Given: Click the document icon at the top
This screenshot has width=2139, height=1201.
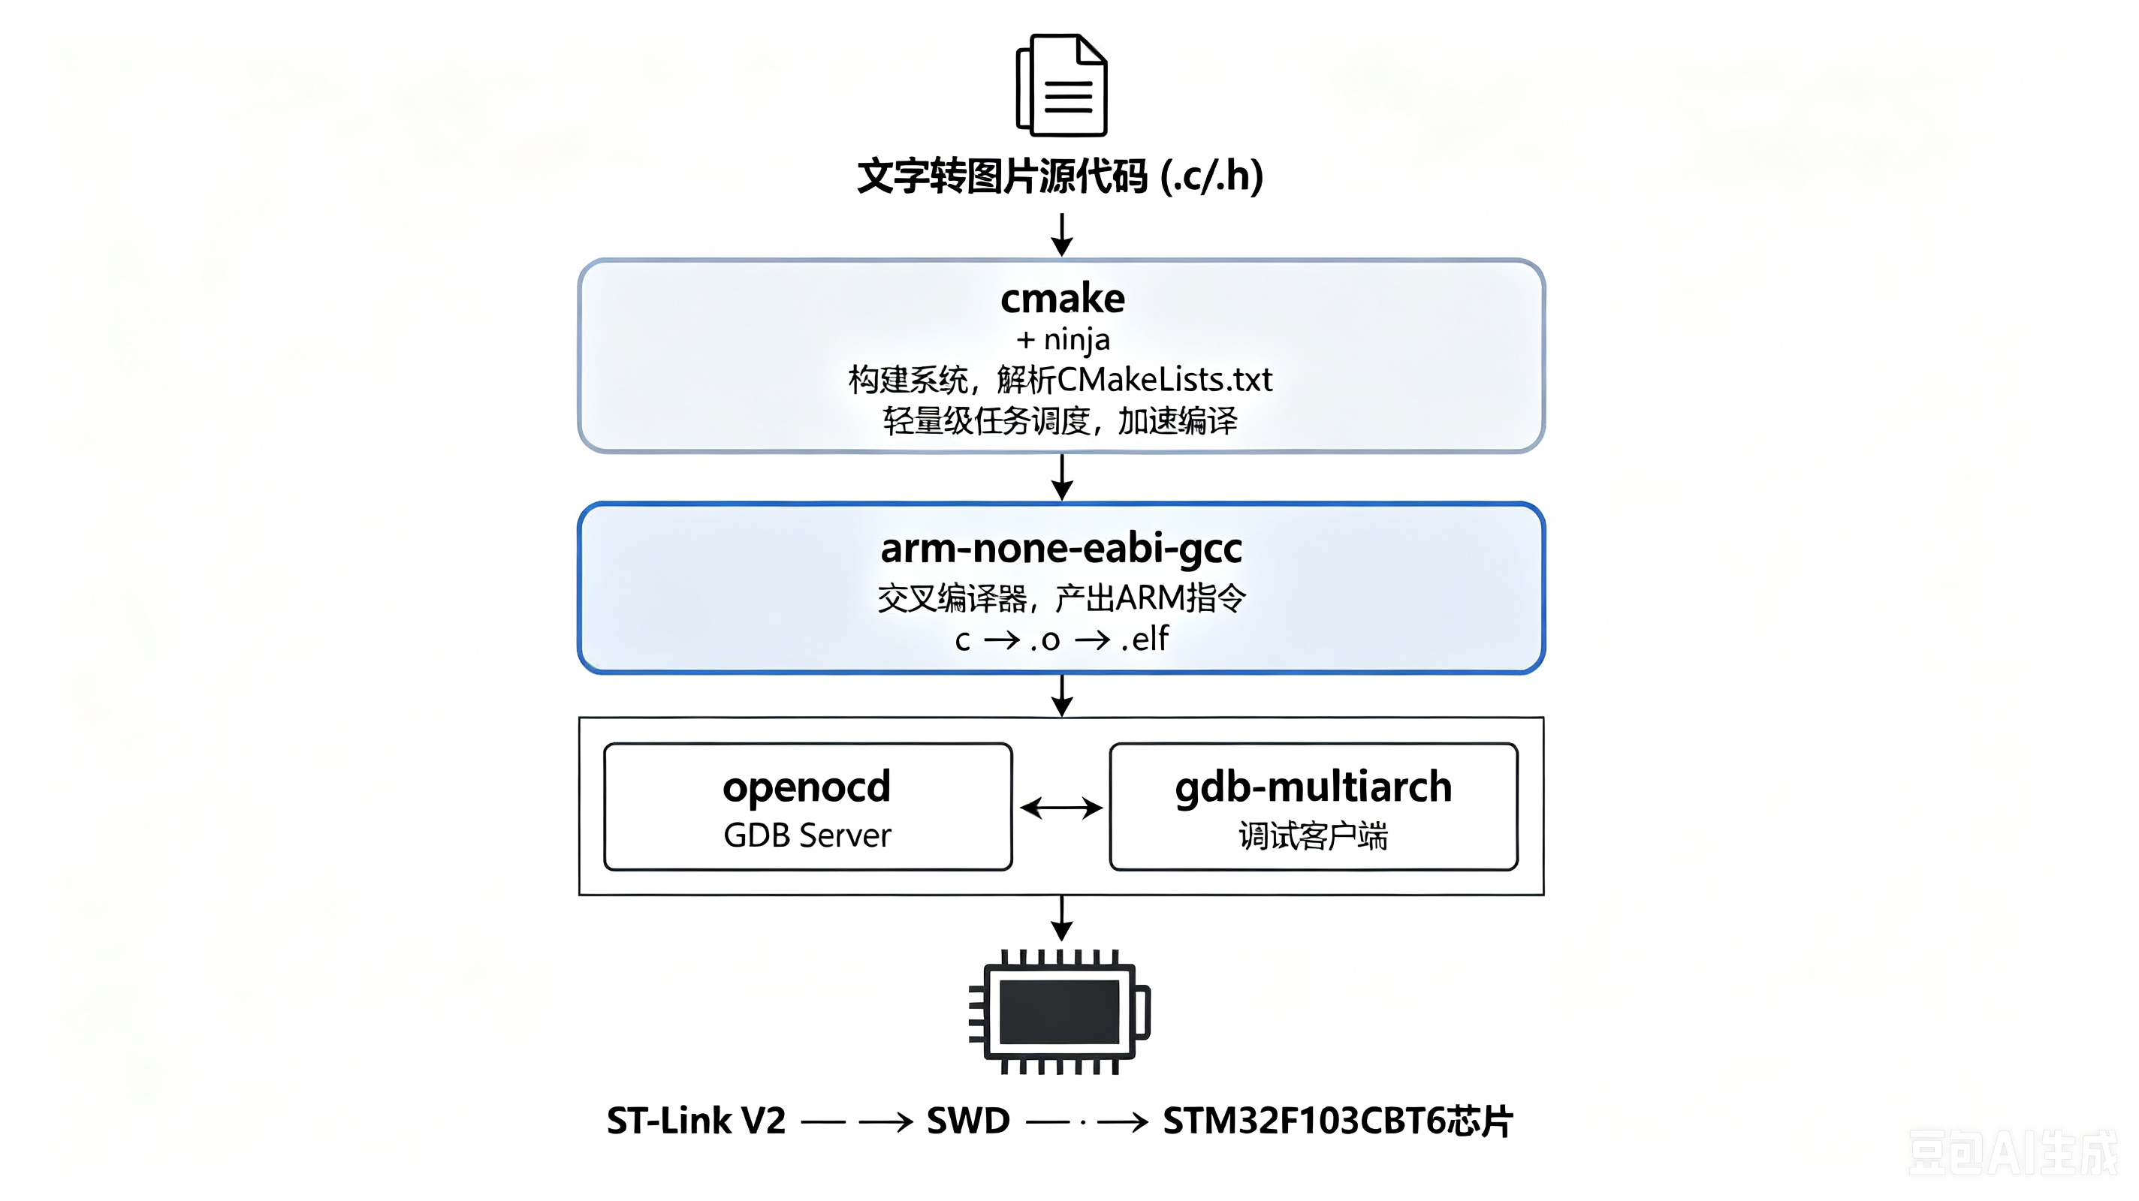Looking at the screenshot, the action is (1061, 85).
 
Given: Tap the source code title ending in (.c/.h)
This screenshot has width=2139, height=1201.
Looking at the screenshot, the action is (1060, 176).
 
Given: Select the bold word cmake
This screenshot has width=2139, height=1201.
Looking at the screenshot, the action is (1062, 298).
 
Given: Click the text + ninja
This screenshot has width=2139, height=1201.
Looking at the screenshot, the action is (1062, 339).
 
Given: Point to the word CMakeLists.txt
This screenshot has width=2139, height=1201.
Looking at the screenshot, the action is (1164, 379).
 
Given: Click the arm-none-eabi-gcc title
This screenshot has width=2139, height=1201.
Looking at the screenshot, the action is (1061, 549).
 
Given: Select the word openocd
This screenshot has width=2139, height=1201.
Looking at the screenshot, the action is (807, 787).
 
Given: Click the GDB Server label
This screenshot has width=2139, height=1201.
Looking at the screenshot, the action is (807, 835).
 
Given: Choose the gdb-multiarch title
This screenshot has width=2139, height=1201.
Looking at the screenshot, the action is (1313, 787).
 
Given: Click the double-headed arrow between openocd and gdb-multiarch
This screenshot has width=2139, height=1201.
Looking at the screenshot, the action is (1061, 808).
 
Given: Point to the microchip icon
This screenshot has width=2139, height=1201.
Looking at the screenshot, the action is (1060, 1012).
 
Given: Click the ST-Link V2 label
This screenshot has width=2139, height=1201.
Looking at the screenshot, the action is (695, 1121).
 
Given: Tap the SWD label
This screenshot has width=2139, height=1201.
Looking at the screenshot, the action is (968, 1121).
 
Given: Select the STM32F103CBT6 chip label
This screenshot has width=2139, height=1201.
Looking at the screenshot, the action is (1338, 1121).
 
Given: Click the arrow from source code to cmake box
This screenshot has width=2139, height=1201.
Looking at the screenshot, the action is (1061, 235).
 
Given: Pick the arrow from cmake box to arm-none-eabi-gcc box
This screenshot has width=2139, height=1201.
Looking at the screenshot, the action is (1061, 477).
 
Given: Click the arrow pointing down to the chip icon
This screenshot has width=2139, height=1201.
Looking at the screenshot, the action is (1061, 918).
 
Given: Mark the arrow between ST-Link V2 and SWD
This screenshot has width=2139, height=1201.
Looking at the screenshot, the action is (857, 1122).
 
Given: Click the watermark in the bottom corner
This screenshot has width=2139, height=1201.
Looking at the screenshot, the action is (2013, 1152).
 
